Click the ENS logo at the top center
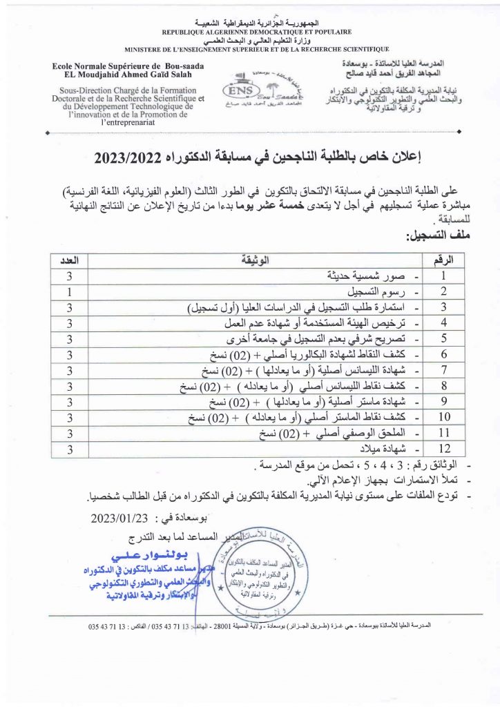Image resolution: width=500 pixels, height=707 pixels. tap(249, 92)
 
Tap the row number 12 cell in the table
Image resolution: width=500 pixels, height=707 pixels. tap(445, 449)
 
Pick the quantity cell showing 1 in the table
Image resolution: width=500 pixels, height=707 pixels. tap(70, 291)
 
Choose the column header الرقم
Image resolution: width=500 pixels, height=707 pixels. tap(444, 260)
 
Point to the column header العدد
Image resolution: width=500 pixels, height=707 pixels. tap(70, 260)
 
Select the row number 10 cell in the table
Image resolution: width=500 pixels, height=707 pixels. tap(445, 418)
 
